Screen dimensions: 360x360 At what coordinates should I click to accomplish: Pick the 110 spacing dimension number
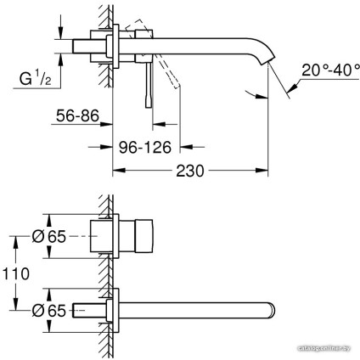point(16,274)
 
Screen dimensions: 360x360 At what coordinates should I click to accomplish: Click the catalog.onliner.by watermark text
point(323,349)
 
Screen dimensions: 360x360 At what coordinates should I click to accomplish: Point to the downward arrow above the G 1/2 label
point(59,32)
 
